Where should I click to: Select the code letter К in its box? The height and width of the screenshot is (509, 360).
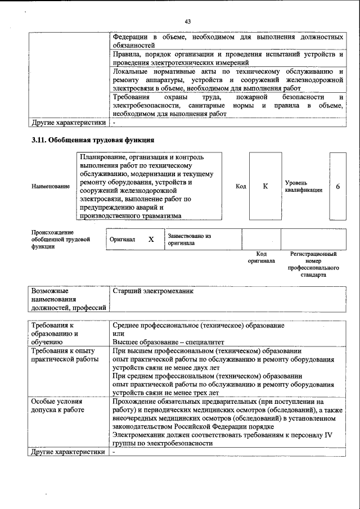pyautogui.click(x=265, y=186)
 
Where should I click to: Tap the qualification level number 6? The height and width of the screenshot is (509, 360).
pyautogui.click(x=337, y=186)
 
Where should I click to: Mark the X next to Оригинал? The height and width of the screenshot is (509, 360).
pyautogui.click(x=151, y=239)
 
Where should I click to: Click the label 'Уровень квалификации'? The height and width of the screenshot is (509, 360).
pyautogui.click(x=303, y=186)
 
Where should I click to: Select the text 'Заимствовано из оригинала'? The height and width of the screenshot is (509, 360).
pyautogui.click(x=188, y=240)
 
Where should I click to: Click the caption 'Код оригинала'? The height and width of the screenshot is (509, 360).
pyautogui.click(x=261, y=258)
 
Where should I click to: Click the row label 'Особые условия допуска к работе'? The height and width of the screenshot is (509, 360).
pyautogui.click(x=58, y=406)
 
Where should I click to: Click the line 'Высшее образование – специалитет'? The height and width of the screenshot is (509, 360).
pyautogui.click(x=168, y=341)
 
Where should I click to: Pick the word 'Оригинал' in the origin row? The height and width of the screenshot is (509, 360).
pyautogui.click(x=122, y=239)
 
